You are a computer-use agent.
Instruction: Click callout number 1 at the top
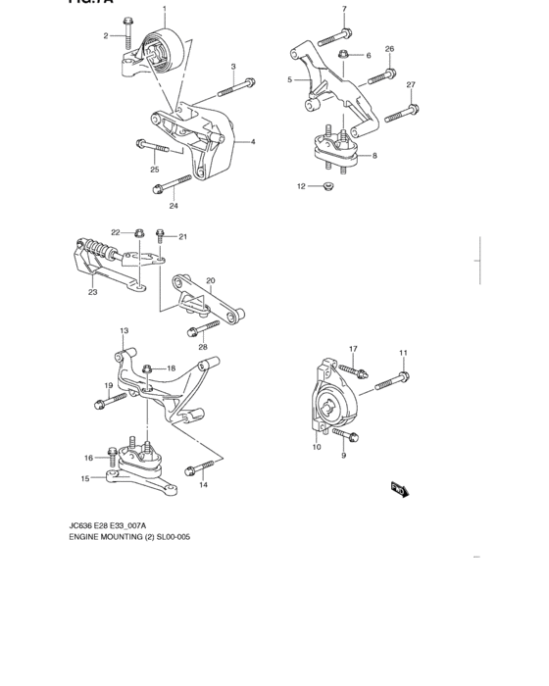[165, 9]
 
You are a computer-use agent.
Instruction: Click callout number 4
[253, 142]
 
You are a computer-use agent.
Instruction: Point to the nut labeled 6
[344, 56]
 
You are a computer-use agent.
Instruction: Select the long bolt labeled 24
[178, 184]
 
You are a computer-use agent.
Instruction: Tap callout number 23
[92, 291]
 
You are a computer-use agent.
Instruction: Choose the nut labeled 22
[140, 234]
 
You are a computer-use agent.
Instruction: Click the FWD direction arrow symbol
[399, 488]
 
